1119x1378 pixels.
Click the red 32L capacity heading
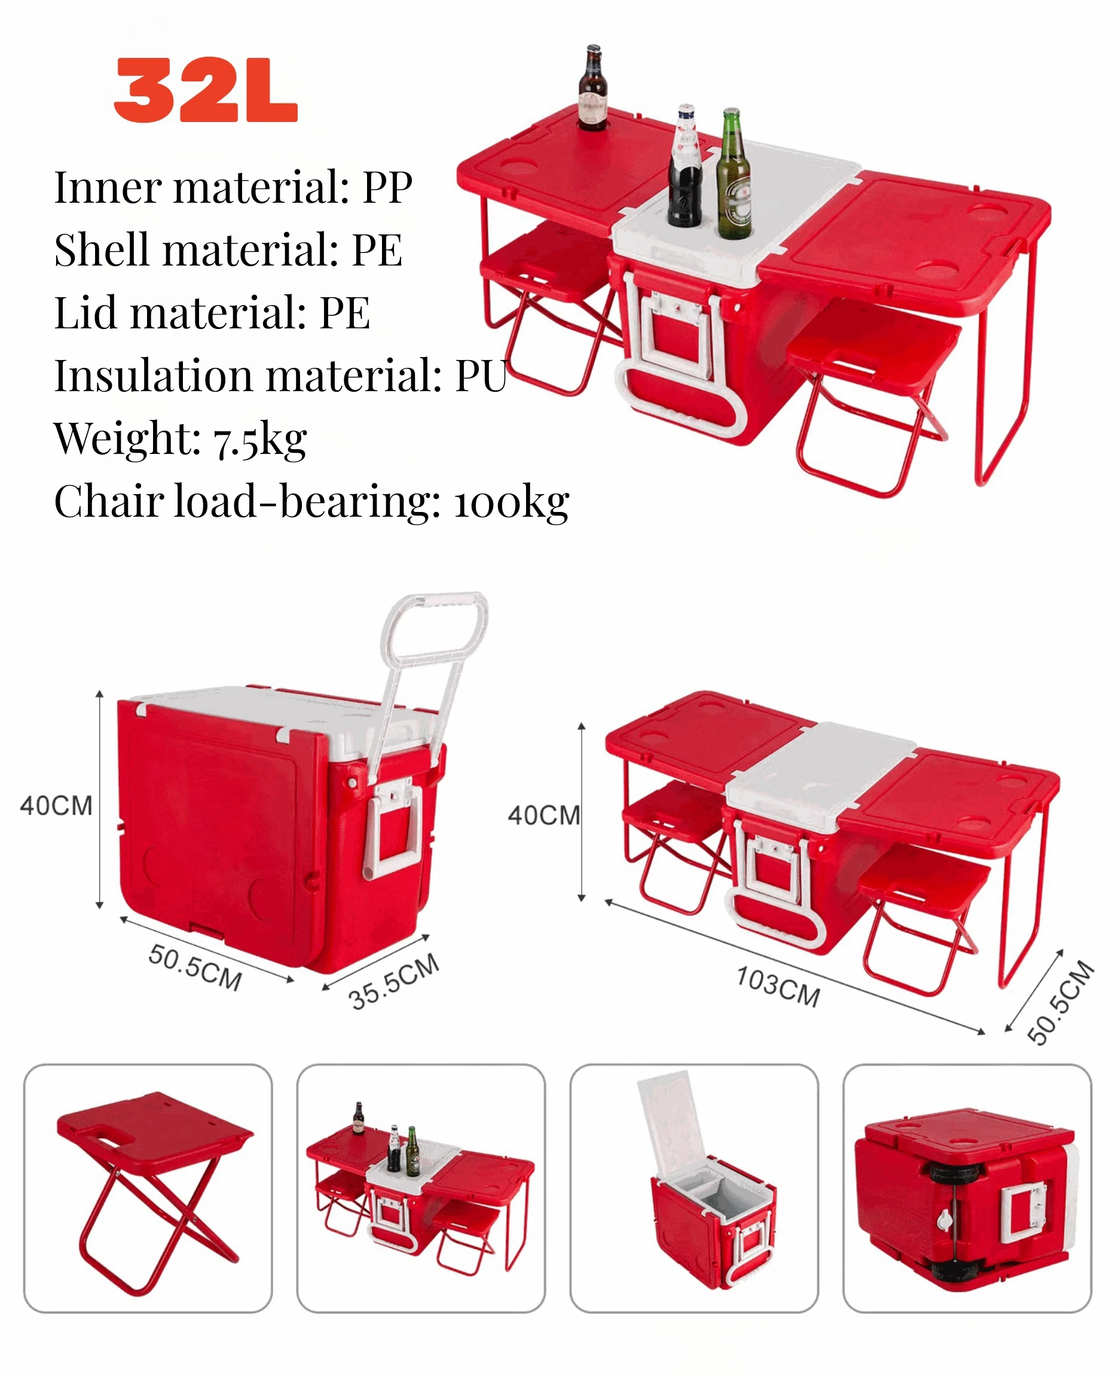click(205, 90)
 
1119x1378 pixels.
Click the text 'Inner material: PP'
click(233, 188)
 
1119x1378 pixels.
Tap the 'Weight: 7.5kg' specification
click(181, 438)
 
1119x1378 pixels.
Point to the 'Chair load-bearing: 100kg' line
click(311, 501)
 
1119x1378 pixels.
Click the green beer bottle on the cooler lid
click(733, 177)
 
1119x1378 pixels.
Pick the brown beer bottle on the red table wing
click(592, 89)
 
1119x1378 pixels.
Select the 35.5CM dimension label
click(394, 981)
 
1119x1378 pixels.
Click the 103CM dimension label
click(778, 986)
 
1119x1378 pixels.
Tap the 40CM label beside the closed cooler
click(57, 806)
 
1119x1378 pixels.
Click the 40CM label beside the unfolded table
click(544, 816)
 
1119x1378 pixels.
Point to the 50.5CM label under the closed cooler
click(195, 967)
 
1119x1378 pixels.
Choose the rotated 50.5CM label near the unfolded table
click(1060, 1001)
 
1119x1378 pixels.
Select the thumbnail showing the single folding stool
click(148, 1188)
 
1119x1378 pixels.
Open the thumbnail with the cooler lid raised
click(693, 1188)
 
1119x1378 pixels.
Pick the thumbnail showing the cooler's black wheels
click(967, 1188)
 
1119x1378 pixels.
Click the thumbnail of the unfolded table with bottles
click(421, 1188)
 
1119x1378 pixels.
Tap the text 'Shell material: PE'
click(228, 250)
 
